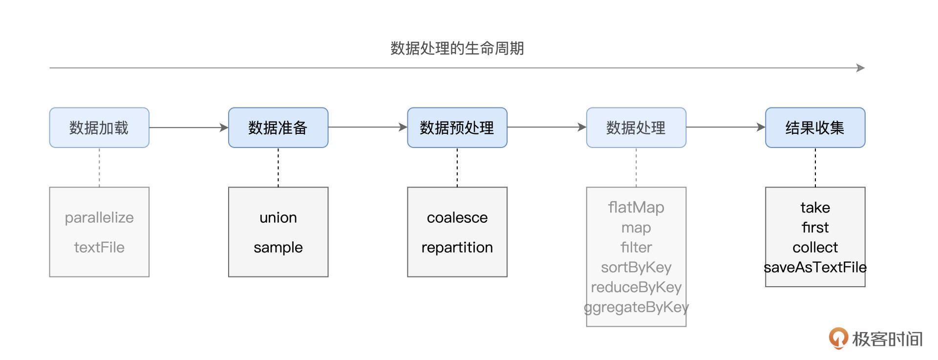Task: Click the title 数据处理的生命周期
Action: click(457, 48)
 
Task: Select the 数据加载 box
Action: click(99, 127)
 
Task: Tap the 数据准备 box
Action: click(278, 127)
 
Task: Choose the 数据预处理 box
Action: click(457, 127)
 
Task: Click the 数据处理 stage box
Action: click(636, 127)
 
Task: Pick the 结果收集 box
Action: click(815, 127)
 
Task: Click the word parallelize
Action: click(99, 217)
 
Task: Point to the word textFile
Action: click(99, 247)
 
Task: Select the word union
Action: click(278, 217)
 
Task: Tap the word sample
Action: click(278, 247)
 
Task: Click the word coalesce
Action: click(457, 217)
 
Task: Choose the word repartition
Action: click(457, 247)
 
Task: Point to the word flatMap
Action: click(636, 207)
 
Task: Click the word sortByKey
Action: click(636, 267)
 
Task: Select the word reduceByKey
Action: click(636, 287)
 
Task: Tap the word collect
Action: click(815, 247)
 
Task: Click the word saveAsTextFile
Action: click(815, 267)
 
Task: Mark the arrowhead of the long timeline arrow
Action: click(861, 68)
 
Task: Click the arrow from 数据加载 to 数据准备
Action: click(189, 127)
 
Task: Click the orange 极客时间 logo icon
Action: click(838, 338)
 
